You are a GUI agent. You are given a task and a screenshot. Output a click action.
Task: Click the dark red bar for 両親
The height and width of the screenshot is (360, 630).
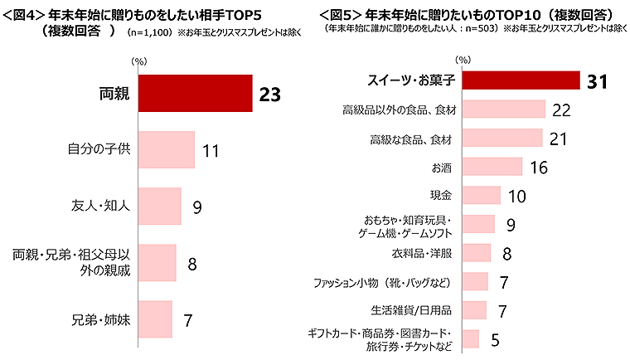tap(195, 94)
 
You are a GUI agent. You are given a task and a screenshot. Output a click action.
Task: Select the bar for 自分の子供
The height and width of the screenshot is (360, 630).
tap(166, 150)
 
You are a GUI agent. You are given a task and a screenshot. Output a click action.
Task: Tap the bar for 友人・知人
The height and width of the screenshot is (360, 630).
tap(159, 206)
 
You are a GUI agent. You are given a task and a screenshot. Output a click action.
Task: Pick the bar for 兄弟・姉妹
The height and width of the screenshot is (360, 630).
tap(155, 319)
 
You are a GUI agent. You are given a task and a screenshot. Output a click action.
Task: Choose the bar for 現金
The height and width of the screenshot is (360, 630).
tap(482, 195)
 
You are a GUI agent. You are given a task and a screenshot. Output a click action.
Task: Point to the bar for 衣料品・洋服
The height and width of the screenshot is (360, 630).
tap(477, 252)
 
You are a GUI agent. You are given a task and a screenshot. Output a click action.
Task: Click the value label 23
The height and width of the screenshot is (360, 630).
tap(270, 94)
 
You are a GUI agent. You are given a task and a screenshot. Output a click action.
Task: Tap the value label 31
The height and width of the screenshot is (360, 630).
tap(598, 80)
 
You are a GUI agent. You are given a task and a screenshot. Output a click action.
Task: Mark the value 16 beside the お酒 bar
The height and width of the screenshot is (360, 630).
tap(539, 167)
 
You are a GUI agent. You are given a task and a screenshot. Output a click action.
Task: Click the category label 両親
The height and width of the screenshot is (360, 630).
tap(114, 94)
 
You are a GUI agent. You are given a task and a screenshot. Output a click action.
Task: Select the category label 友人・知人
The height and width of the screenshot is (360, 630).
tap(102, 206)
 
